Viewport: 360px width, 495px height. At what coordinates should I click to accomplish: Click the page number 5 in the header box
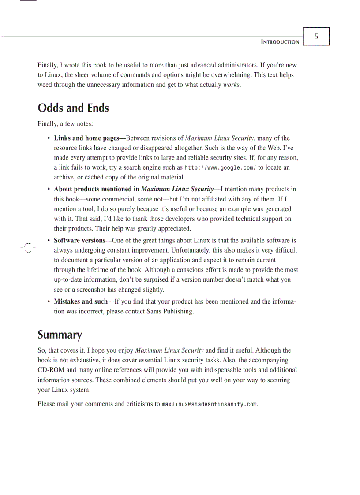pyautogui.click(x=316, y=37)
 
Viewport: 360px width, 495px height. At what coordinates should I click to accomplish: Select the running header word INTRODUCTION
pyautogui.click(x=280, y=42)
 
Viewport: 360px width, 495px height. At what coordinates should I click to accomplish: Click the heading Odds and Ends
pyautogui.click(x=73, y=108)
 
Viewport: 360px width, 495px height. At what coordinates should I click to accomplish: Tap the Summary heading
pyautogui.click(x=60, y=335)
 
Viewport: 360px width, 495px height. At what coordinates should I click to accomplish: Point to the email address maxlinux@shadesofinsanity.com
pyautogui.click(x=209, y=404)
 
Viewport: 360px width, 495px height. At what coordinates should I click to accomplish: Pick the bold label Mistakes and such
pyautogui.click(x=81, y=301)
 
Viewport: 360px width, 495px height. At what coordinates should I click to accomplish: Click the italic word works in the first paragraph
pyautogui.click(x=232, y=85)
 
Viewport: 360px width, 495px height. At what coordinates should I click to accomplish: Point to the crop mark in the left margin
pyautogui.click(x=27, y=248)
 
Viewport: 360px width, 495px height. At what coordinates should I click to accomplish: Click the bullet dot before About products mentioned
pyautogui.click(x=49, y=190)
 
